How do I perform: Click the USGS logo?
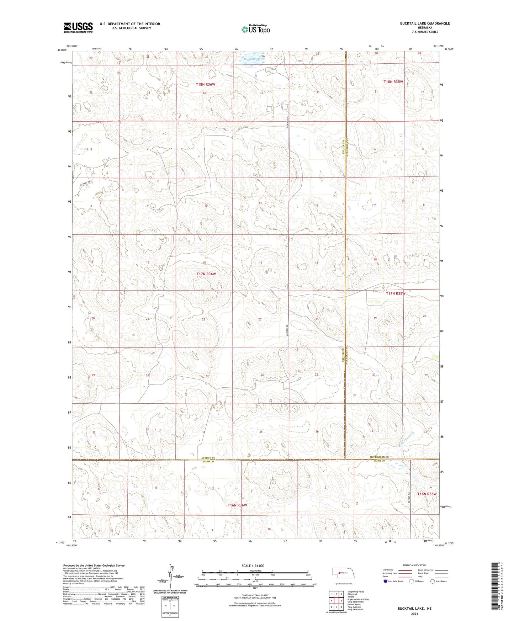coord(78,27)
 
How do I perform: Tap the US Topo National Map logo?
coord(255,29)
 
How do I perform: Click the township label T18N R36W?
coord(206,84)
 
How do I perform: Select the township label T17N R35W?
coord(396,293)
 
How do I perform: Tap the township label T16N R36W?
coord(237,505)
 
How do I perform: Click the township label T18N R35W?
coord(393,82)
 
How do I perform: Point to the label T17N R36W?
coord(206,274)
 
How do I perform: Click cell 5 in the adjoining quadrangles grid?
coord(341,601)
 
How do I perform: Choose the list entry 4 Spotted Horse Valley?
coord(358,599)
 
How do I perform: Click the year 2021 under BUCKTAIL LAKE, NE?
coord(414,614)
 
